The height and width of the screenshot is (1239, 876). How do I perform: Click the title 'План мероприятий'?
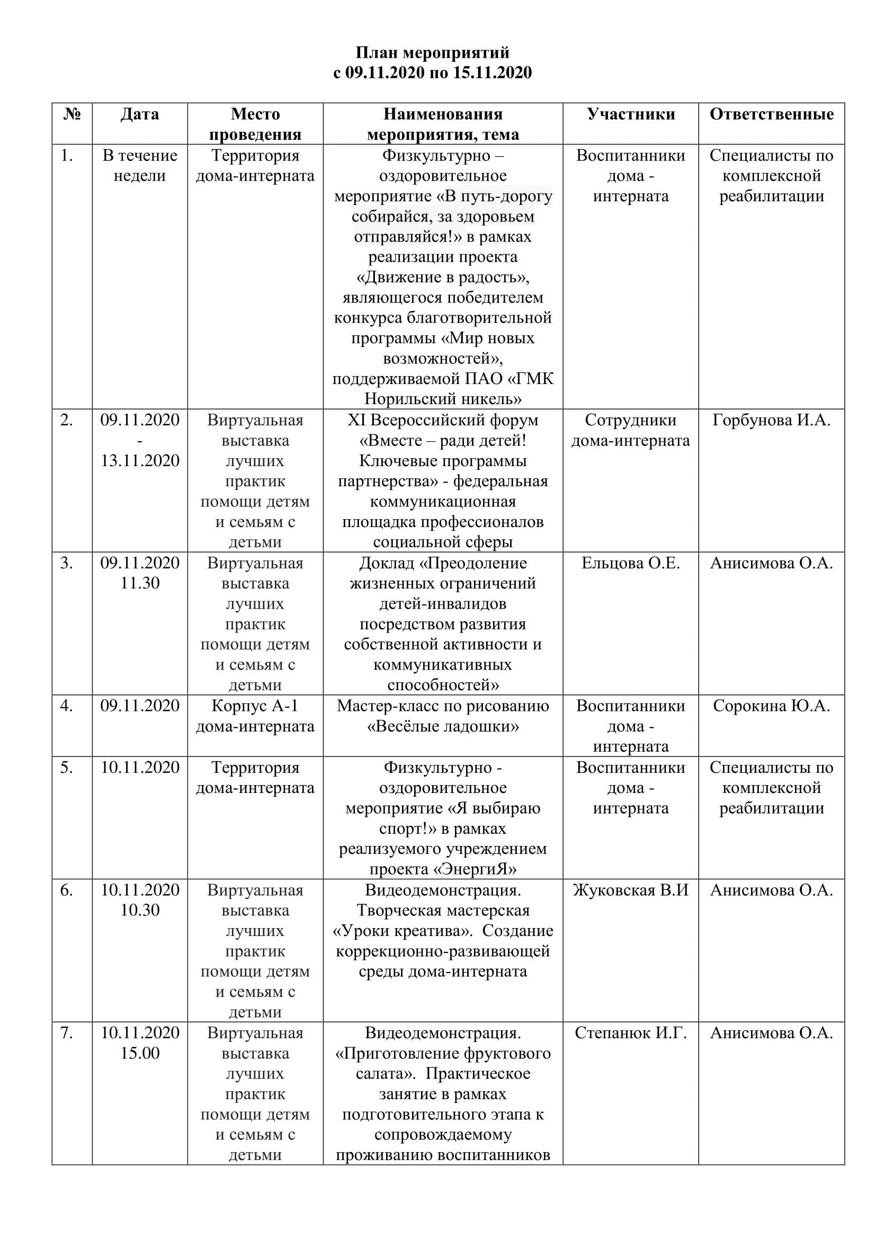point(432,52)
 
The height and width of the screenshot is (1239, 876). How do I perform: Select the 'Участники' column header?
point(631,114)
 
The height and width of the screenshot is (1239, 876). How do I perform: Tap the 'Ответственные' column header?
point(771,114)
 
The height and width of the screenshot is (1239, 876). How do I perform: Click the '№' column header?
point(71,114)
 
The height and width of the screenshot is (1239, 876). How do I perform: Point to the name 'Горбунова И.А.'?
point(771,420)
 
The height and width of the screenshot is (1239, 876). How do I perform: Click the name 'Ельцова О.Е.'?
point(631,563)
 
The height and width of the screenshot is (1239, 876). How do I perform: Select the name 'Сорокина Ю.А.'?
point(771,705)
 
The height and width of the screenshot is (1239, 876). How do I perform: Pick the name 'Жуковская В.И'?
point(631,890)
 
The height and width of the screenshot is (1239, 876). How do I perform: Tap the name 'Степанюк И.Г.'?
point(631,1032)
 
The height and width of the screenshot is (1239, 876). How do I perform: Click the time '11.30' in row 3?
point(140,583)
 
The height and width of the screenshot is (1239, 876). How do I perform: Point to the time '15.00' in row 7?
point(140,1053)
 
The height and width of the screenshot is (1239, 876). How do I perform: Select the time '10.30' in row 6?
point(140,910)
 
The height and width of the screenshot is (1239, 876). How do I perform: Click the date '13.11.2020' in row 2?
point(140,460)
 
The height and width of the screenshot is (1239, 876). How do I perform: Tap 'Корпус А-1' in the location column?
point(255,705)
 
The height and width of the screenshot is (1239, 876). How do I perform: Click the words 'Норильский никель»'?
point(443,399)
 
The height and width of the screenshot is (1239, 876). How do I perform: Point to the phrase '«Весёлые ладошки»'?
point(443,726)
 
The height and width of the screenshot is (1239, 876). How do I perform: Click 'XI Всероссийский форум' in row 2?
point(443,420)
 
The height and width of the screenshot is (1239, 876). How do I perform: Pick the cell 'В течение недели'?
point(140,165)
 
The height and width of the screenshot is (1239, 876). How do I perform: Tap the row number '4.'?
point(66,705)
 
